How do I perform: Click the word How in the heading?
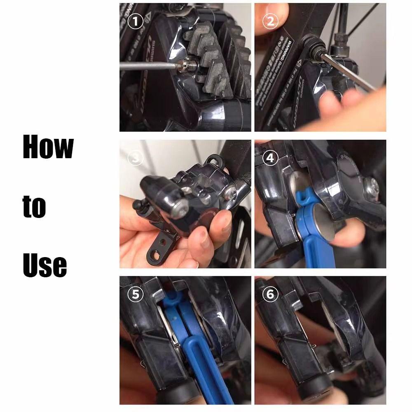(48, 147)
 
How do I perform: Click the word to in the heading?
(34, 207)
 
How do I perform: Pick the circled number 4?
(270, 158)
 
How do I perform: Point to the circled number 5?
(135, 295)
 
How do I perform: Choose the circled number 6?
(270, 295)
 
